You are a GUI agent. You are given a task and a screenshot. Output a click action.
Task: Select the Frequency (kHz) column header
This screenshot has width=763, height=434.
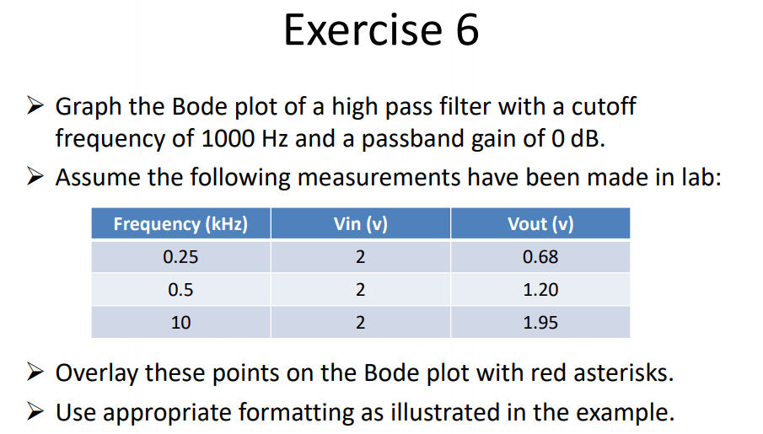click(x=180, y=224)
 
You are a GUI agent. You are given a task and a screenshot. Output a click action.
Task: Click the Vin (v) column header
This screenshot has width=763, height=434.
click(x=360, y=224)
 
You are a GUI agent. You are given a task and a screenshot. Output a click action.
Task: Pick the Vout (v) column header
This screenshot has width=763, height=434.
click(x=540, y=224)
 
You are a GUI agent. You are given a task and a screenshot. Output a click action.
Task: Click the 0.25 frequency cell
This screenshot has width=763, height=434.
click(x=180, y=257)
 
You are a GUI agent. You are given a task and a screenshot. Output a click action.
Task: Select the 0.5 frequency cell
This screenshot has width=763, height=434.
click(x=180, y=290)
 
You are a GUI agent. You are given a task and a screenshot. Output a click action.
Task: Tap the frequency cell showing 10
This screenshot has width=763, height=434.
click(x=180, y=322)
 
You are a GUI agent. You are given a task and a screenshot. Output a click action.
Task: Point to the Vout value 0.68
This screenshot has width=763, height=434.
click(x=540, y=257)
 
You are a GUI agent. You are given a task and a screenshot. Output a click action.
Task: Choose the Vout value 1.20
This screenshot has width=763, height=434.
click(x=540, y=290)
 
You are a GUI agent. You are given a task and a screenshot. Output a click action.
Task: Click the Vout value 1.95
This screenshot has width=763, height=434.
click(x=540, y=322)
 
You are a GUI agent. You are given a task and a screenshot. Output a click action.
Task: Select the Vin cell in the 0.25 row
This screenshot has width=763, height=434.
click(x=360, y=257)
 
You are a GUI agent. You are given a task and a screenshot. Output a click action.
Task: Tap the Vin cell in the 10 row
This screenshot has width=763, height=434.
click(x=360, y=322)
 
